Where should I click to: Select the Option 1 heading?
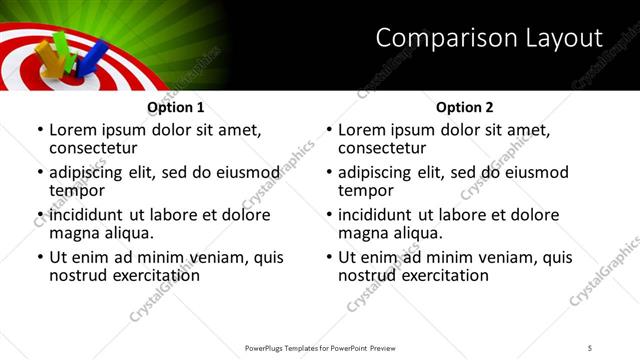click(x=176, y=107)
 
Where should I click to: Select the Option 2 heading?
click(x=465, y=107)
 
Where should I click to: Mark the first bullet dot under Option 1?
click(x=39, y=131)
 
